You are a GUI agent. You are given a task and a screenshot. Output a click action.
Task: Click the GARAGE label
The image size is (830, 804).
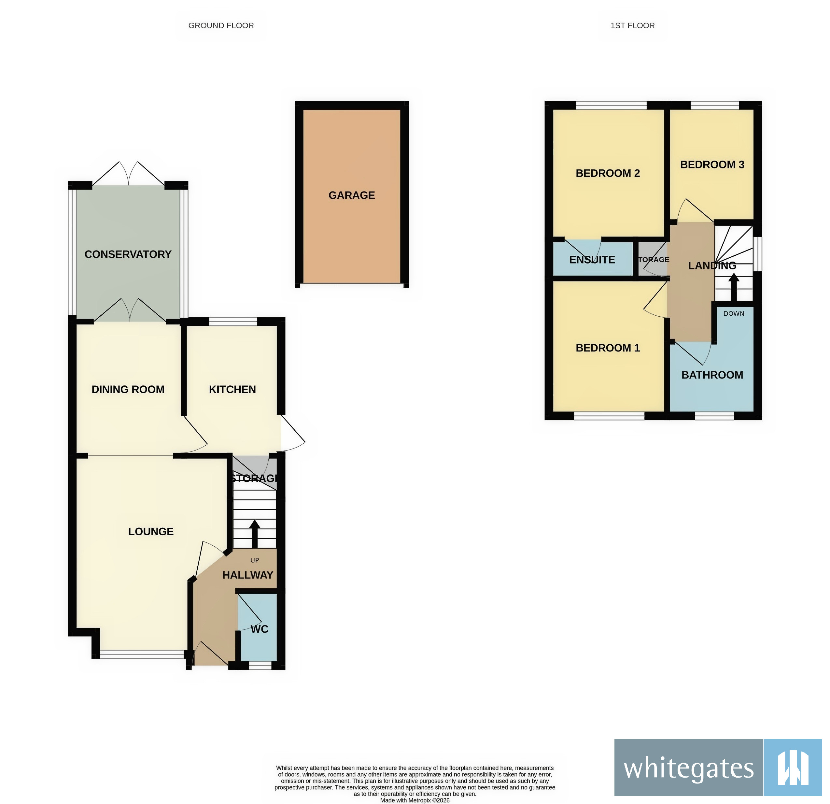[x=351, y=195]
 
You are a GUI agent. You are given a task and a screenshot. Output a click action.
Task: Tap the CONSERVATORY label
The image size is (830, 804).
[x=128, y=254]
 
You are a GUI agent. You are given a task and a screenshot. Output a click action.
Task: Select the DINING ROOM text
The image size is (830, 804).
[x=128, y=389]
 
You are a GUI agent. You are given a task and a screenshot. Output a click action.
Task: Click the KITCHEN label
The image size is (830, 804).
[x=232, y=389]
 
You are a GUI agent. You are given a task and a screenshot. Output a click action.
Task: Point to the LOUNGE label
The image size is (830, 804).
[x=151, y=532]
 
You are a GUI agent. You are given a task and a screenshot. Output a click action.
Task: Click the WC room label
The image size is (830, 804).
[x=259, y=629]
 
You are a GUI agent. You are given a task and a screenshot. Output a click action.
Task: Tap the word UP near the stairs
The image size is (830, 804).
[x=255, y=560]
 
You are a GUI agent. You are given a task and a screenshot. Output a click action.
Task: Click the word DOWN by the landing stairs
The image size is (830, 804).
[x=733, y=313]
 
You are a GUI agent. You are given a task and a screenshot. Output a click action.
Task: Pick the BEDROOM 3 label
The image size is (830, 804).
[x=712, y=165]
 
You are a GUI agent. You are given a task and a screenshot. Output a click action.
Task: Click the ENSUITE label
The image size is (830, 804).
[x=592, y=260]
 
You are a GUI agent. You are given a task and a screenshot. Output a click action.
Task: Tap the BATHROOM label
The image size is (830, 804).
[x=712, y=375]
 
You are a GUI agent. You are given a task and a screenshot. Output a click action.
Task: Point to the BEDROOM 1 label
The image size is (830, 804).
[x=607, y=348]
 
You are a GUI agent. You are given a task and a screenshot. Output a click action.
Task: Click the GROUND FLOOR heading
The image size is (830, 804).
[x=221, y=25]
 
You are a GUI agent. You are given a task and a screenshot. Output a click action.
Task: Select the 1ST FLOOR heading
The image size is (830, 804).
[x=632, y=25]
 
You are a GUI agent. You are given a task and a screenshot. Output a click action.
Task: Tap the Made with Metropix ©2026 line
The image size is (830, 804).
[x=415, y=800]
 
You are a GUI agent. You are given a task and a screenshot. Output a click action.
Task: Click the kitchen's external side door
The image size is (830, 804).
[x=292, y=432]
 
